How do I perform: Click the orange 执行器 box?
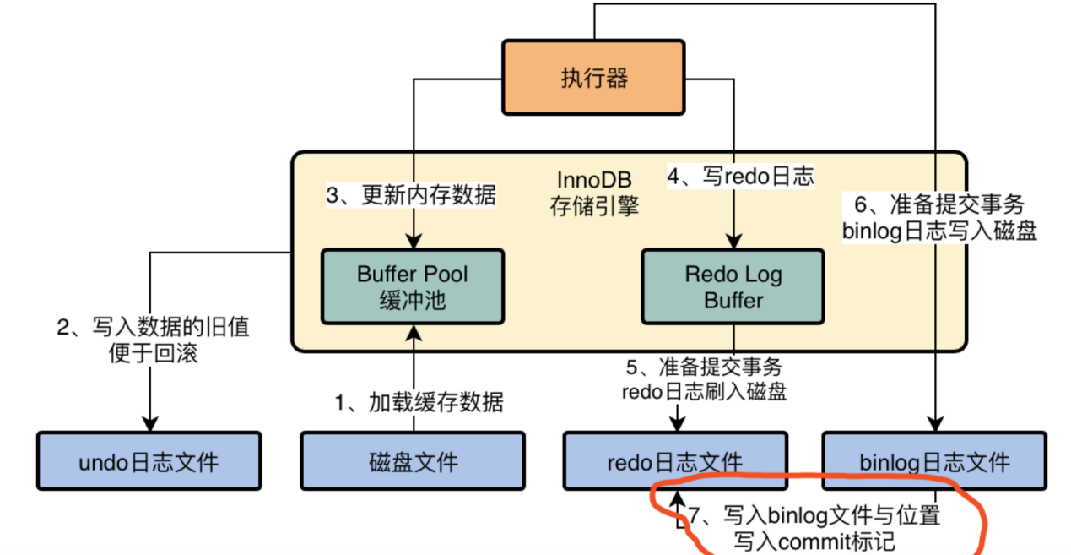(x=594, y=78)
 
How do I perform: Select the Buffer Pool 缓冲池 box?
(x=412, y=286)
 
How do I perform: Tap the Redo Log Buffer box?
(x=733, y=286)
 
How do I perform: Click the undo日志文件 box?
(x=149, y=461)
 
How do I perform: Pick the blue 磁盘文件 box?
(x=413, y=461)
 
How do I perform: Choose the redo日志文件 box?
(x=675, y=461)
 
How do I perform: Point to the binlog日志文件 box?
(x=934, y=461)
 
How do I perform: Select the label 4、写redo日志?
(x=740, y=177)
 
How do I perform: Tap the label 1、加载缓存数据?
(x=419, y=402)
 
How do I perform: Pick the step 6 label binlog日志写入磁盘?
(x=938, y=218)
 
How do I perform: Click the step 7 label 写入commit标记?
(x=814, y=526)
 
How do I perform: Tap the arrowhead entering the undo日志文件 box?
(x=150, y=425)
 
